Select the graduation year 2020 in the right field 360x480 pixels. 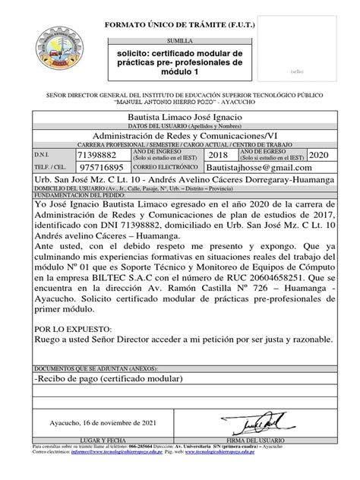[322, 153]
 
